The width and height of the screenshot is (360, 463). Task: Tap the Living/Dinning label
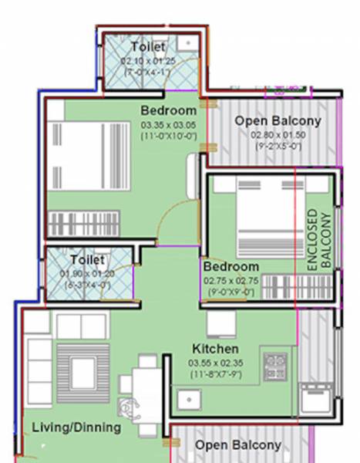coord(76,427)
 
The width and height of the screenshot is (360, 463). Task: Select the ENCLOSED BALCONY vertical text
coord(318,238)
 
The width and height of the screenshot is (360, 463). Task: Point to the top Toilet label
coord(147,48)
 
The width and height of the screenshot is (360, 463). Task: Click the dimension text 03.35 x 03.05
coord(169,124)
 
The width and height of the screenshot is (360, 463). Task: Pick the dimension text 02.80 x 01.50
coord(278,135)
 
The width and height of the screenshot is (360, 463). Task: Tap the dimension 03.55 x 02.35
coord(214,362)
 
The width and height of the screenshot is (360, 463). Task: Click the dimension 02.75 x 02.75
coord(231,282)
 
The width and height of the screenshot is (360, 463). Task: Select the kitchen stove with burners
coord(275,366)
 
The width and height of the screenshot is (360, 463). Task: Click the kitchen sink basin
coord(189,400)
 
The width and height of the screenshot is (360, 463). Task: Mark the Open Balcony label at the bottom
coord(237,446)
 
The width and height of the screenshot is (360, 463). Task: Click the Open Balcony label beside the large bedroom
coord(278,121)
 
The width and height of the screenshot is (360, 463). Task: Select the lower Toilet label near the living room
coord(87,260)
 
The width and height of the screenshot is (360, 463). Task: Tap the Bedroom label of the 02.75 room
coord(231,267)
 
